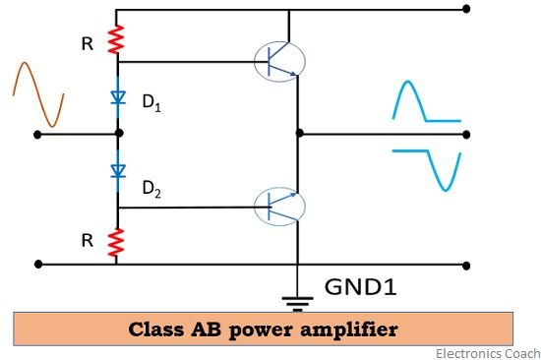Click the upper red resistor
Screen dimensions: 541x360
click(x=116, y=39)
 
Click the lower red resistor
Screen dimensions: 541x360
click(x=116, y=243)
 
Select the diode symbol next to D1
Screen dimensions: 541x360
click(x=118, y=97)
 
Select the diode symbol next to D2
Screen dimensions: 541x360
click(x=118, y=171)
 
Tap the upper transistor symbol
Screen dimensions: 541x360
click(x=279, y=61)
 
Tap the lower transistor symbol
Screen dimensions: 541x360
click(x=279, y=207)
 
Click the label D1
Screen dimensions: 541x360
click(x=151, y=103)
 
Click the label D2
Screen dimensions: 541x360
click(x=151, y=190)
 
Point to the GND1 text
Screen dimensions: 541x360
click(x=360, y=286)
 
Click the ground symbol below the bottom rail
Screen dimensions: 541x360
click(x=297, y=304)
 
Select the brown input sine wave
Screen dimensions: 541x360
click(x=38, y=94)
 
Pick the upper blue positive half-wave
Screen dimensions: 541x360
click(x=426, y=101)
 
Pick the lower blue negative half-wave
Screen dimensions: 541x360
click(x=427, y=170)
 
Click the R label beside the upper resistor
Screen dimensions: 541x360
click(x=88, y=44)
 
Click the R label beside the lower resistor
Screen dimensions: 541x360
click(x=88, y=241)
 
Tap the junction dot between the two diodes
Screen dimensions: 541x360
click(x=119, y=133)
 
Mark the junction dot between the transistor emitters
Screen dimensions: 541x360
click(x=299, y=133)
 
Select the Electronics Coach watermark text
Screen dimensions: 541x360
click(x=488, y=354)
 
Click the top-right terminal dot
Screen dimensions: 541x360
click(x=466, y=9)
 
